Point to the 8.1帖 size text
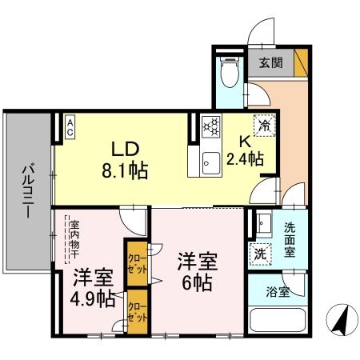pyautogui.click(x=125, y=170)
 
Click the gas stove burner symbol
pyautogui.click(x=212, y=126)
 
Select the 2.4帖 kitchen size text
pyautogui.click(x=245, y=160)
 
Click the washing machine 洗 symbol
pyautogui.click(x=261, y=254)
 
